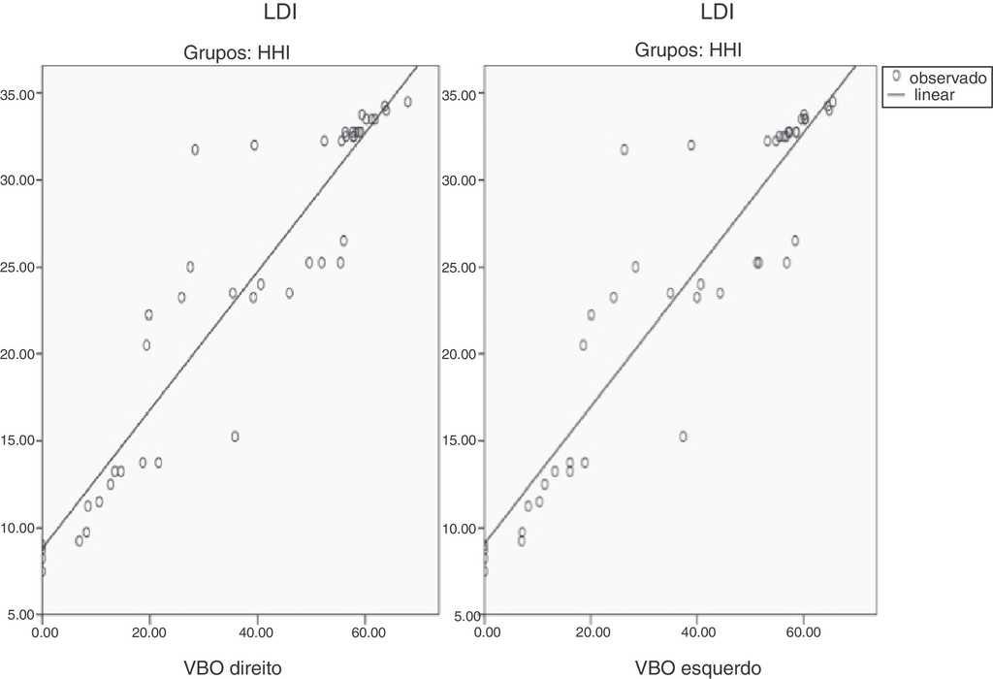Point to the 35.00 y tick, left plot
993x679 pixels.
coord(20,94)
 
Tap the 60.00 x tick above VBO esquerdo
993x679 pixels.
coord(803,633)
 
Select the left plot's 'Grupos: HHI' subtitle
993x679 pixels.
coord(238,53)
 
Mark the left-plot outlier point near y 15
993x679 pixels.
coord(235,436)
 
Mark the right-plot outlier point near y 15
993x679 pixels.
coord(683,436)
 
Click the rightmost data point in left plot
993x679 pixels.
coord(407,101)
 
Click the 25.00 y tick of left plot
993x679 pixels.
coord(20,268)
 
